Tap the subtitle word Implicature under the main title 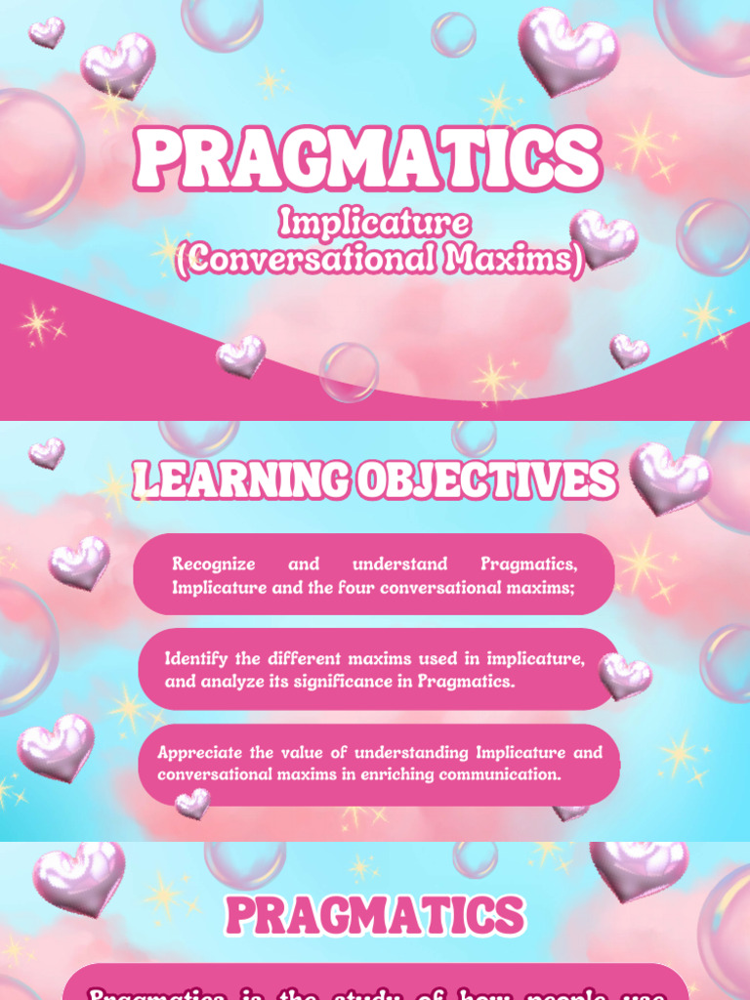(x=375, y=224)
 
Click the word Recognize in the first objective (x=213, y=564)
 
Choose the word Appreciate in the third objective (x=202, y=753)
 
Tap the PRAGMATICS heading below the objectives (x=375, y=916)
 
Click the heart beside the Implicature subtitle (x=603, y=237)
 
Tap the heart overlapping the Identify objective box (x=624, y=675)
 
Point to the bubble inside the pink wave (x=349, y=371)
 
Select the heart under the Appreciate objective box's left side (x=191, y=803)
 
